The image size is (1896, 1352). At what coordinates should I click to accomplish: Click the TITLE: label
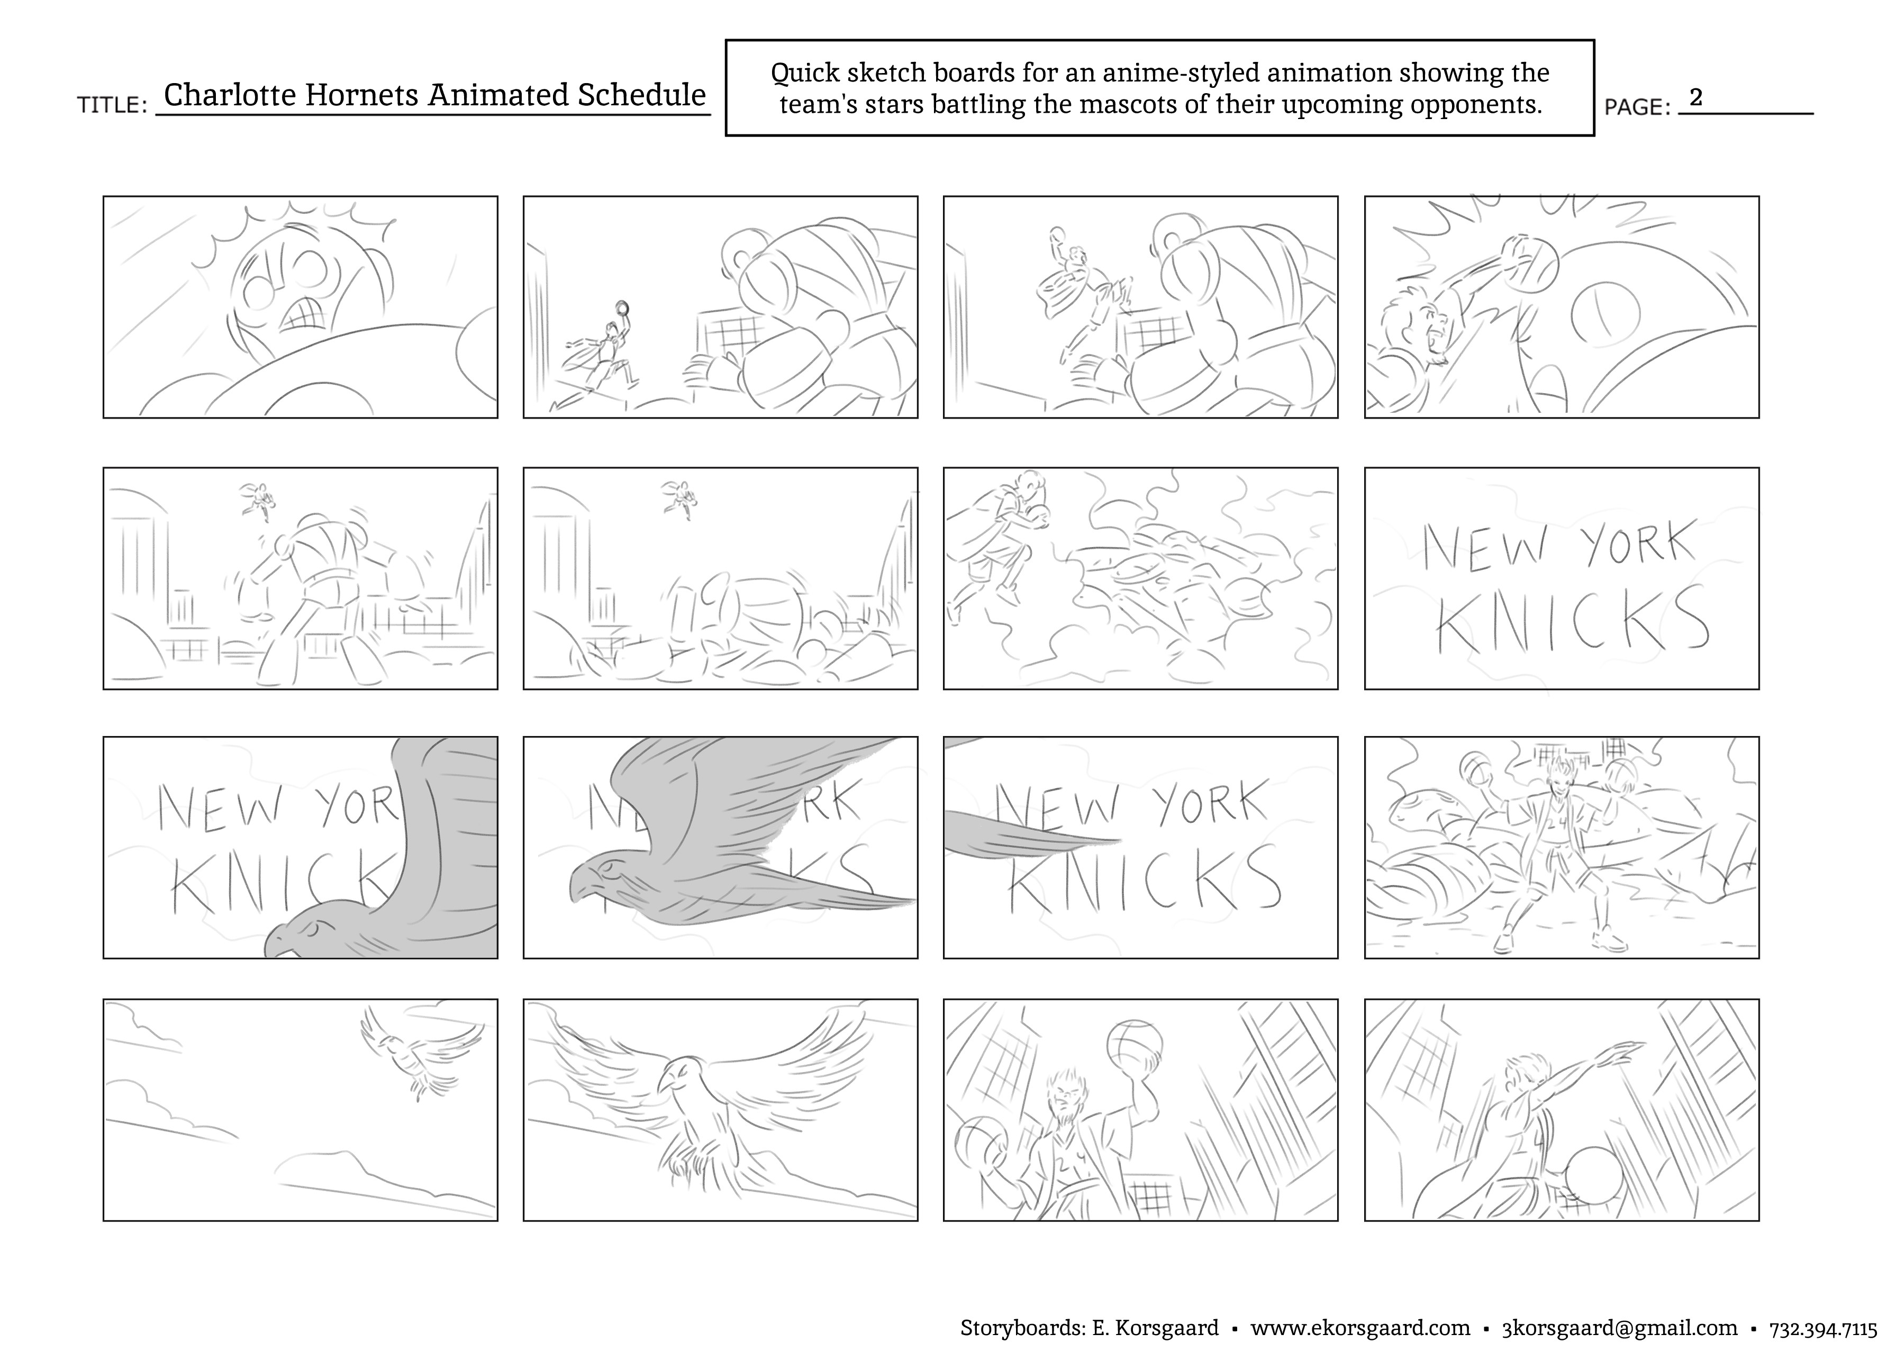click(x=112, y=106)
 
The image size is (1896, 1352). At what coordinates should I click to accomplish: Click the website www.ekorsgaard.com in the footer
click(x=1360, y=1328)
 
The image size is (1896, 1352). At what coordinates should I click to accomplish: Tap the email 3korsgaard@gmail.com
click(x=1620, y=1328)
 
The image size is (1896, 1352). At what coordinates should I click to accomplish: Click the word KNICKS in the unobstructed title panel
click(x=1572, y=620)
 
